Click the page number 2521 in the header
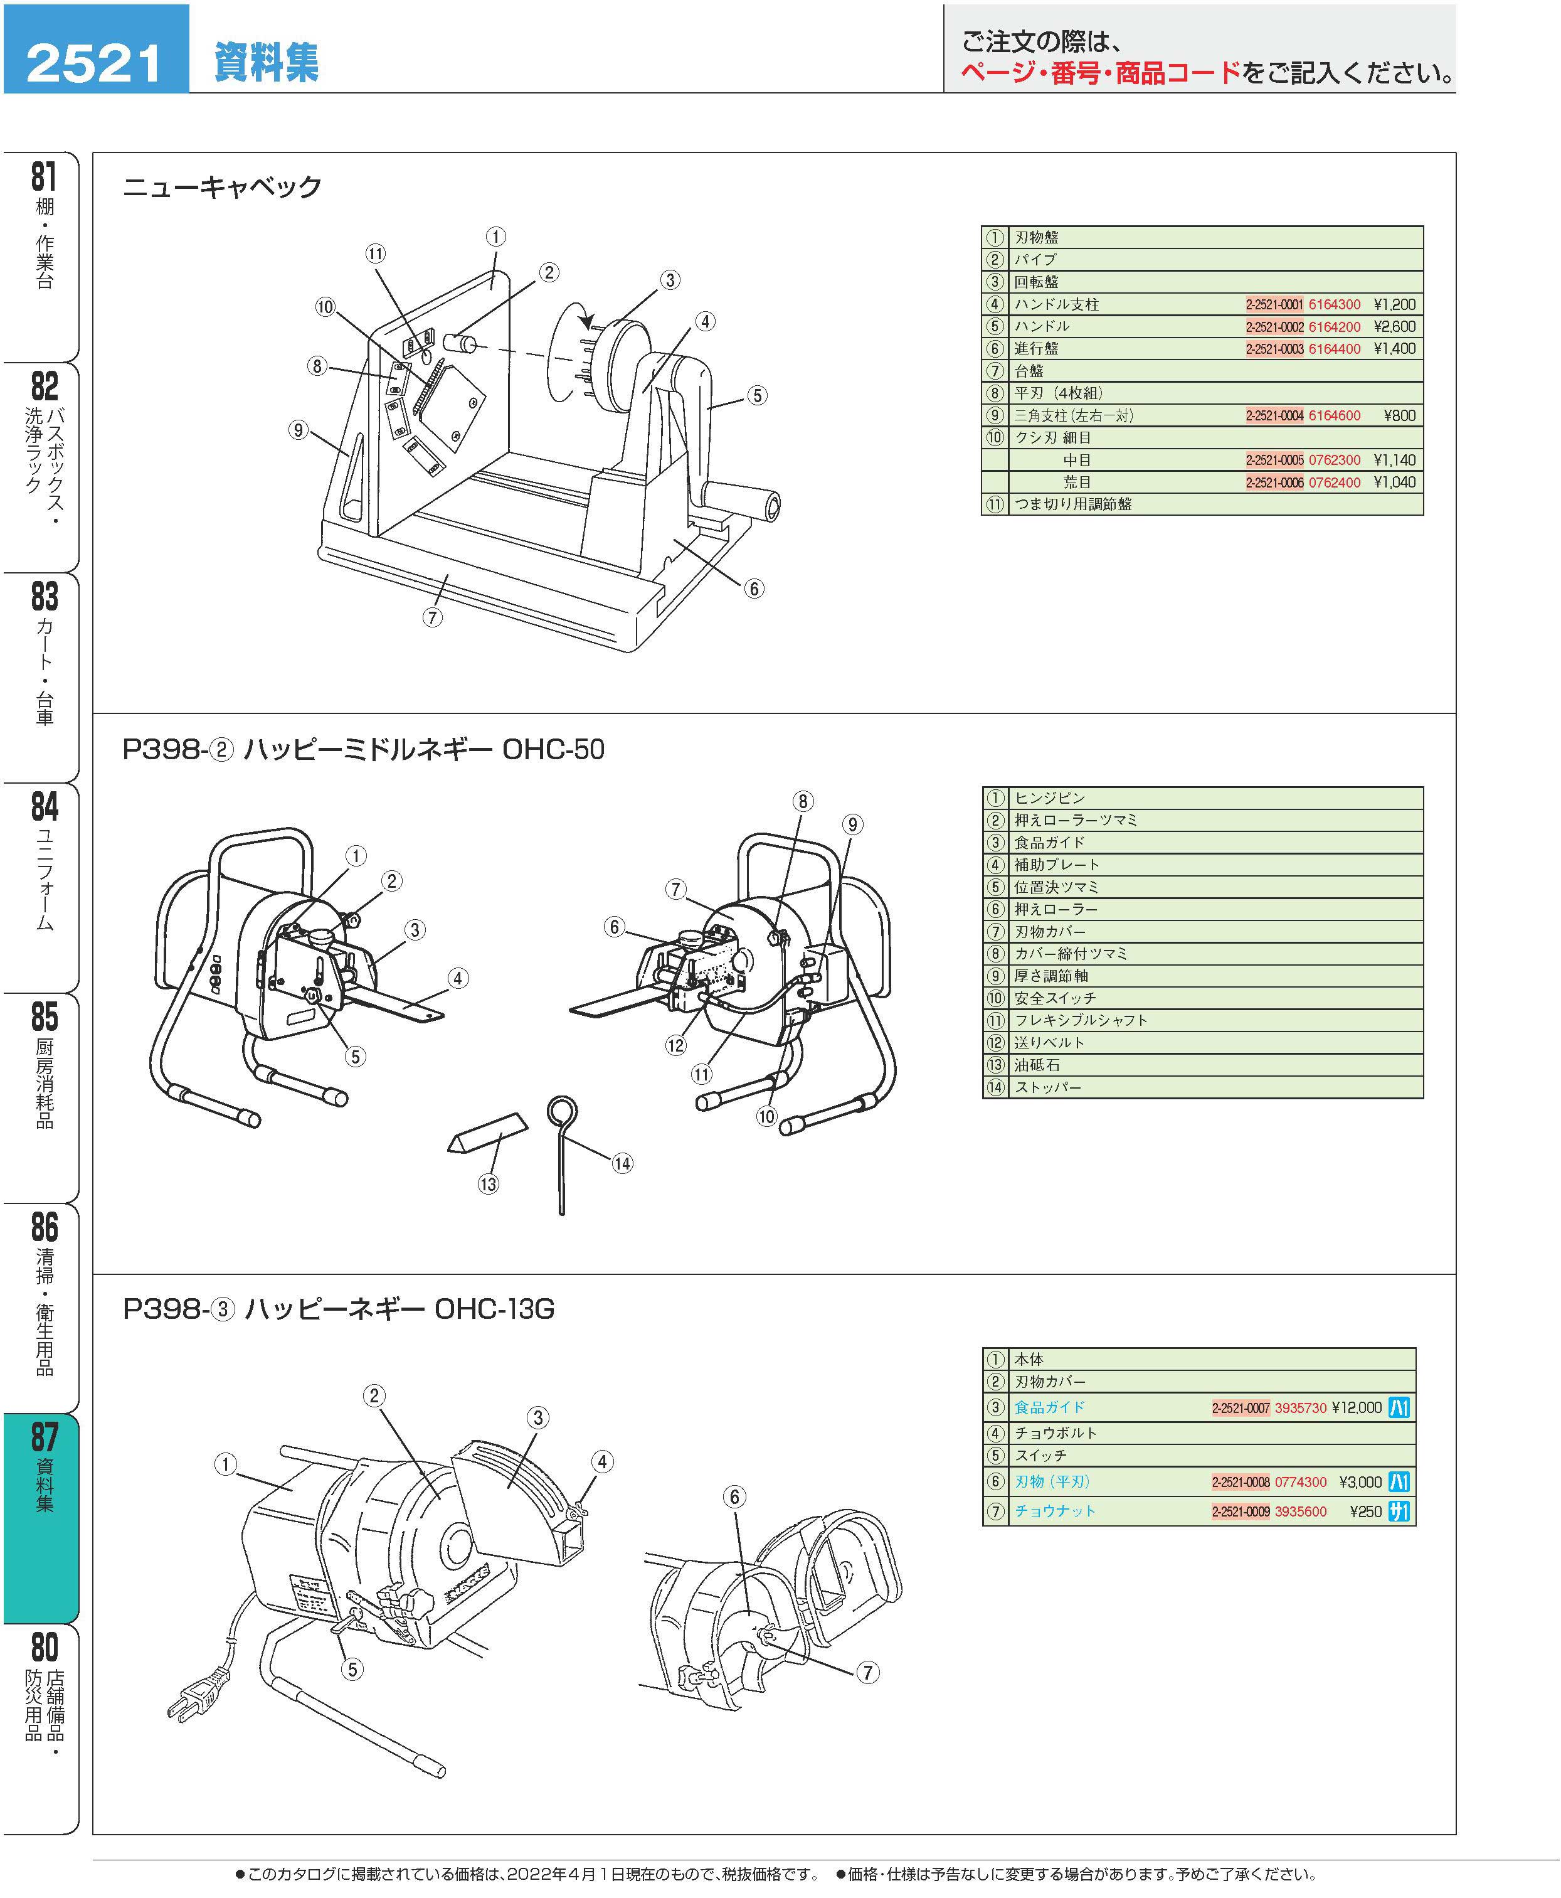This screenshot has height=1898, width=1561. (x=95, y=62)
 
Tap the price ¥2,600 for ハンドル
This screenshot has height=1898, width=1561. (x=1394, y=326)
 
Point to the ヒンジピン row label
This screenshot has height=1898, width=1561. (x=1049, y=798)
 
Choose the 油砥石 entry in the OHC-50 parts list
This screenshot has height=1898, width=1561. (x=1037, y=1065)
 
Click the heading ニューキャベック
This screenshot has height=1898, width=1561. (x=221, y=187)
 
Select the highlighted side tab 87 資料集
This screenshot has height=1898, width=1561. (x=44, y=1475)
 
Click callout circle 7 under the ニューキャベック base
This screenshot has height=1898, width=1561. (x=433, y=617)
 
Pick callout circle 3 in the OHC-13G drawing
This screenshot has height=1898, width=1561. (x=537, y=1417)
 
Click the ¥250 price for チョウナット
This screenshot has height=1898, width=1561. (x=1365, y=1512)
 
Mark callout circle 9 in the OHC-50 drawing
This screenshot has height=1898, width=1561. (x=852, y=824)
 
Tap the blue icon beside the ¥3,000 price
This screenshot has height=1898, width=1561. (x=1399, y=1481)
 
